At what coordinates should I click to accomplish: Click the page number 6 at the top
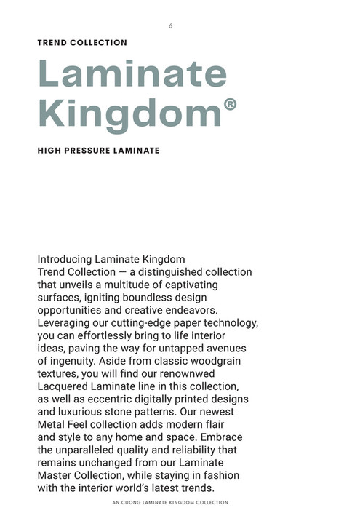click(x=170, y=26)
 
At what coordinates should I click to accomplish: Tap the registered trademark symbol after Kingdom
click(x=229, y=105)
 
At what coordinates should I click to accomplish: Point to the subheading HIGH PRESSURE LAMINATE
click(x=98, y=151)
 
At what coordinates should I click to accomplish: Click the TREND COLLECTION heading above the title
click(x=82, y=43)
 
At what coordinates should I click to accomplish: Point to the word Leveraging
click(x=65, y=322)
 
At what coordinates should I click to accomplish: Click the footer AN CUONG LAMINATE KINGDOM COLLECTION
click(x=171, y=502)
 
